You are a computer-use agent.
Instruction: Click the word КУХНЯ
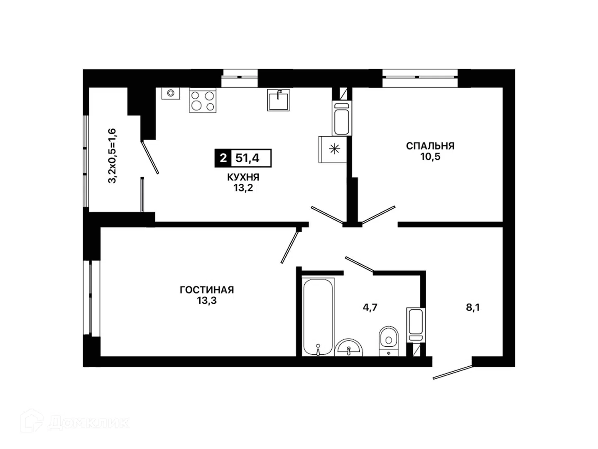click(x=243, y=177)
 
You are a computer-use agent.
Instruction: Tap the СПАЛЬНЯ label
click(x=430, y=146)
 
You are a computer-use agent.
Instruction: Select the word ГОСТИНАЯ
click(x=207, y=290)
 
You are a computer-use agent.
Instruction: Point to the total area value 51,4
click(x=247, y=158)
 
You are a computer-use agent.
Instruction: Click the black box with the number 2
click(x=223, y=158)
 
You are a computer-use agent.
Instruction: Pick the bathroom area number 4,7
click(x=370, y=308)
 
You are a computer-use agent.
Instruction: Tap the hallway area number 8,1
click(x=473, y=308)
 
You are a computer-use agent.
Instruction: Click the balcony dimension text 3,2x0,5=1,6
click(x=112, y=155)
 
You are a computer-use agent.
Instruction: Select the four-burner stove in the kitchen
click(x=203, y=100)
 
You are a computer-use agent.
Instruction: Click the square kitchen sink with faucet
click(x=278, y=100)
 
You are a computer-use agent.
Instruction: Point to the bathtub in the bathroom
click(x=318, y=317)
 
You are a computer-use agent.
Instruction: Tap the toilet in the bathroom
click(x=389, y=341)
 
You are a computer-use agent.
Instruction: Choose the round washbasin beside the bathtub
click(x=349, y=348)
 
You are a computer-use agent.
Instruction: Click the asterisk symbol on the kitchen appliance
click(x=335, y=149)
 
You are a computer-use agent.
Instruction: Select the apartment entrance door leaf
click(x=453, y=372)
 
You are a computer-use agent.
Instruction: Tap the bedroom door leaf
click(x=378, y=215)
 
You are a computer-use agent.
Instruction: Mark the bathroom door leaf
click(x=360, y=264)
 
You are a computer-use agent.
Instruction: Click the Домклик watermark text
click(x=88, y=423)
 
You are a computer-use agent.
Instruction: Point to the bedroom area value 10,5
click(x=431, y=157)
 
